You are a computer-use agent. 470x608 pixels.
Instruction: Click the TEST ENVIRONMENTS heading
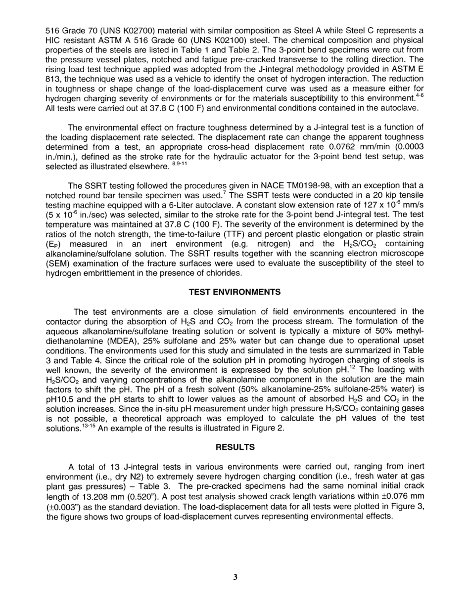235,292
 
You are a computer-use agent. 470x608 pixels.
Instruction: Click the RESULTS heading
235,447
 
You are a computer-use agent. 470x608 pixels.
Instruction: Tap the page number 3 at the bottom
235,577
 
